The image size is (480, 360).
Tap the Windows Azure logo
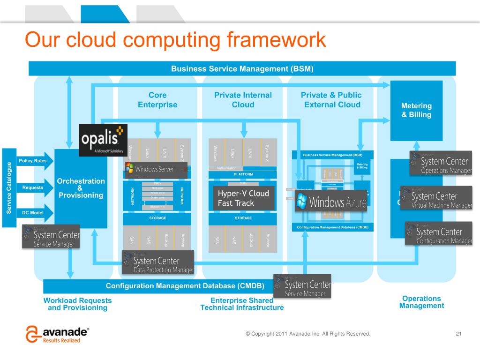coord(330,200)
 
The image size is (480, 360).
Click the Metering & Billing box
coord(416,111)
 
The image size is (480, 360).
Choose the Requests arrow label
coord(33,187)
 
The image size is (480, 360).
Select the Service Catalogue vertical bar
coord(8,187)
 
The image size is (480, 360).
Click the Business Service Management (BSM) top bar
coord(242,68)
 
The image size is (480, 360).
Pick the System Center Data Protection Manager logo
coord(158,262)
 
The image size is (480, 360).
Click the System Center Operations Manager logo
coord(441,163)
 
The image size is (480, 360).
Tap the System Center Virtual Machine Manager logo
coord(436,198)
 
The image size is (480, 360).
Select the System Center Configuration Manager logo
coord(439,233)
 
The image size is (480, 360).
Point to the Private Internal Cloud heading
coord(243,100)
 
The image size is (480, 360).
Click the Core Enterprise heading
coord(157,100)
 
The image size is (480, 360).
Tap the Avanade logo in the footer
coord(57,334)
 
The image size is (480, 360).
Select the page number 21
coord(458,334)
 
